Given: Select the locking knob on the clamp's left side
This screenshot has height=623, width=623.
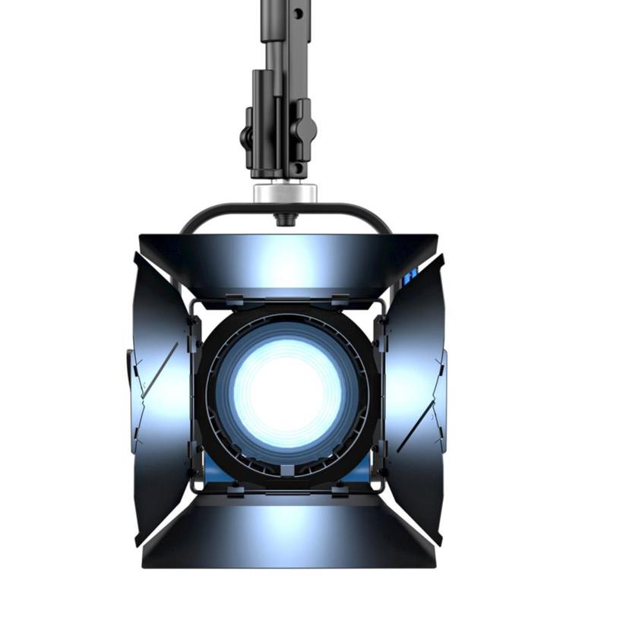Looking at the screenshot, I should pyautogui.click(x=247, y=137).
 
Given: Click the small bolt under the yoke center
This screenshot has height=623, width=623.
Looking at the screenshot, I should pyautogui.click(x=282, y=219).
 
